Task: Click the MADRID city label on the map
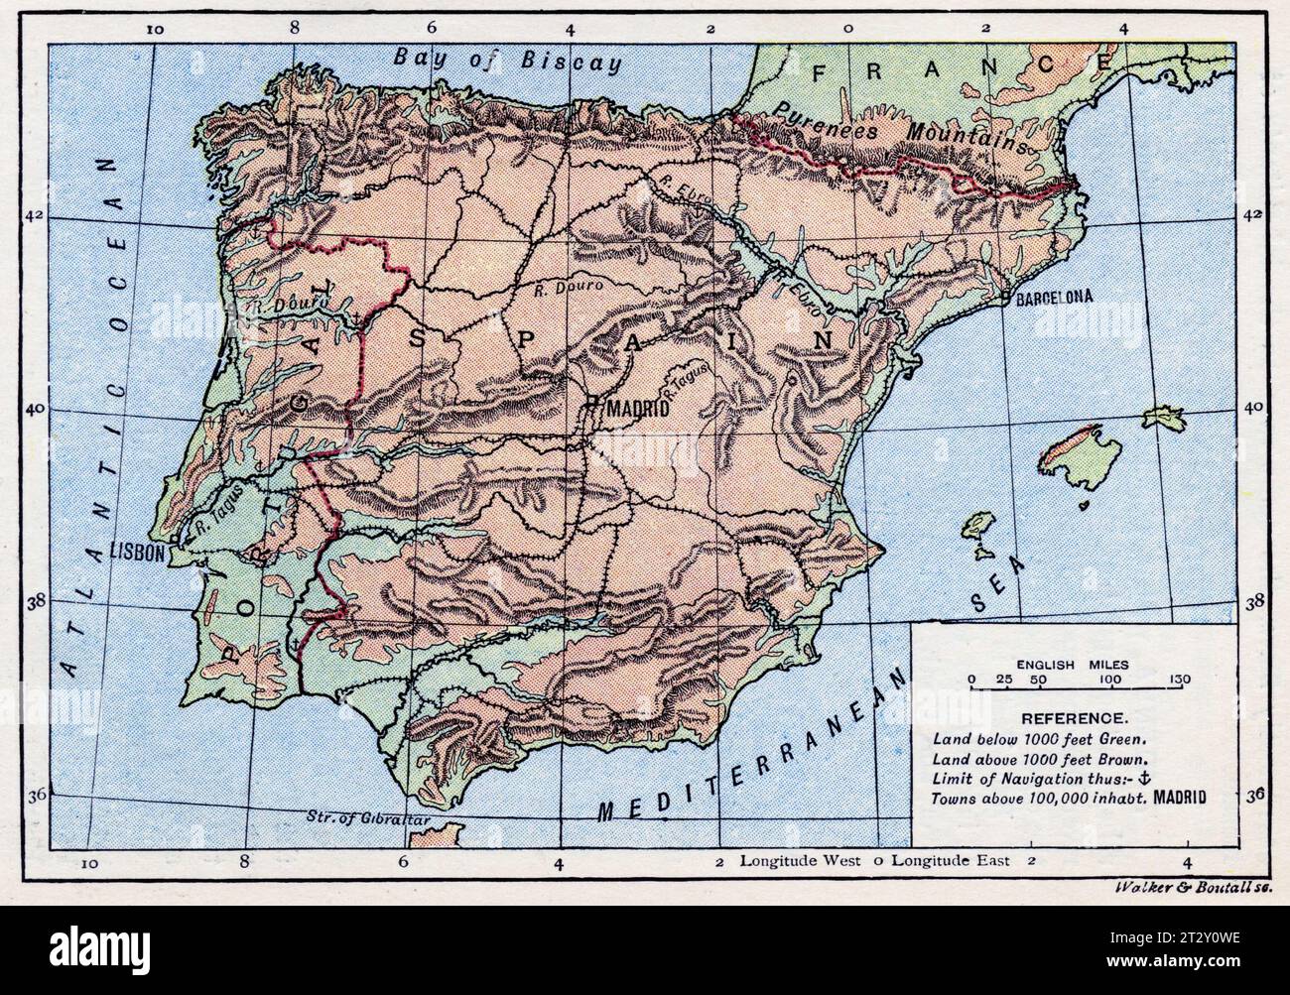639,408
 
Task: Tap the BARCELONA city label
1053,297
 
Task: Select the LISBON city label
137,553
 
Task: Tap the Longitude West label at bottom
799,860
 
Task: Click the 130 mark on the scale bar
1179,679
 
